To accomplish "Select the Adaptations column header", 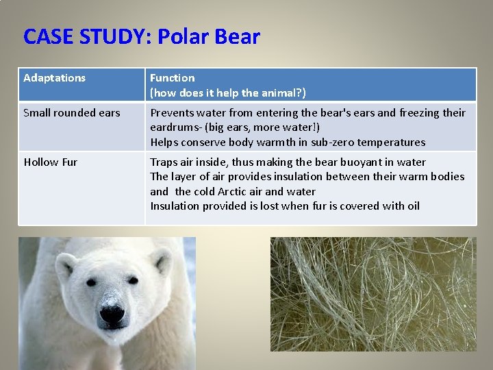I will pos(55,78).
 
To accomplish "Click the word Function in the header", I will pos(173,78).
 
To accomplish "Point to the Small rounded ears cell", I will pos(72,113).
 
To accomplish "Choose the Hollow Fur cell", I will pos(51,162).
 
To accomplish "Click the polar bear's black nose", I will pos(112,314).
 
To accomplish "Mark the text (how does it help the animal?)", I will pos(228,92).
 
